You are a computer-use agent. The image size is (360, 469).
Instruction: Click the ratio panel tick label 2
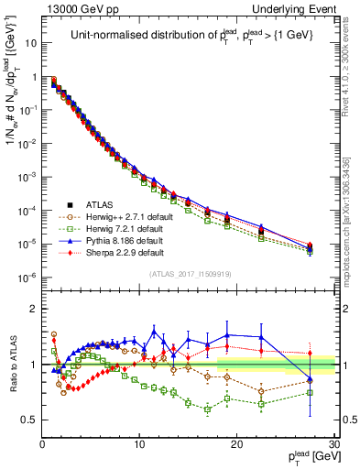(x=32, y=309)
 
